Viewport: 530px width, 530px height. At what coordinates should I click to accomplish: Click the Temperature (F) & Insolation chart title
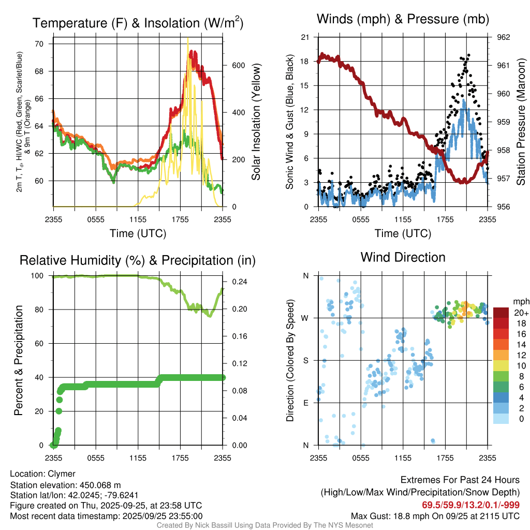138,23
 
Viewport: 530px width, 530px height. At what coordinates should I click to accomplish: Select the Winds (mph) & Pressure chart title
403,20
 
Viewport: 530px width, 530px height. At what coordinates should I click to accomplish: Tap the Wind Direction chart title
403,257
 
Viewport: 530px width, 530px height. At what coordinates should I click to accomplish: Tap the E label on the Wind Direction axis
305,403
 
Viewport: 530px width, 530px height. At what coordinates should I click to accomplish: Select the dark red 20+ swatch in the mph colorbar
501,312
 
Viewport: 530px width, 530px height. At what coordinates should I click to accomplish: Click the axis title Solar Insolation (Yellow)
256,122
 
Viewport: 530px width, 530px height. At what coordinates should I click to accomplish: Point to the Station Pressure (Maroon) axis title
521,122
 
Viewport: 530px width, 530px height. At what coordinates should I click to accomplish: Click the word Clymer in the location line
62,474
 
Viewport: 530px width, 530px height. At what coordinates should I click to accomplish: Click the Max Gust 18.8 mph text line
435,516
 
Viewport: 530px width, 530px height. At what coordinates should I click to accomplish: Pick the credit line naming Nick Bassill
264,525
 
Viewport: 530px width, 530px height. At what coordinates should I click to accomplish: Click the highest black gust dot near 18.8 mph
468,55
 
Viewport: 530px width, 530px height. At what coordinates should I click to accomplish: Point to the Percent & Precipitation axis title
19,360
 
